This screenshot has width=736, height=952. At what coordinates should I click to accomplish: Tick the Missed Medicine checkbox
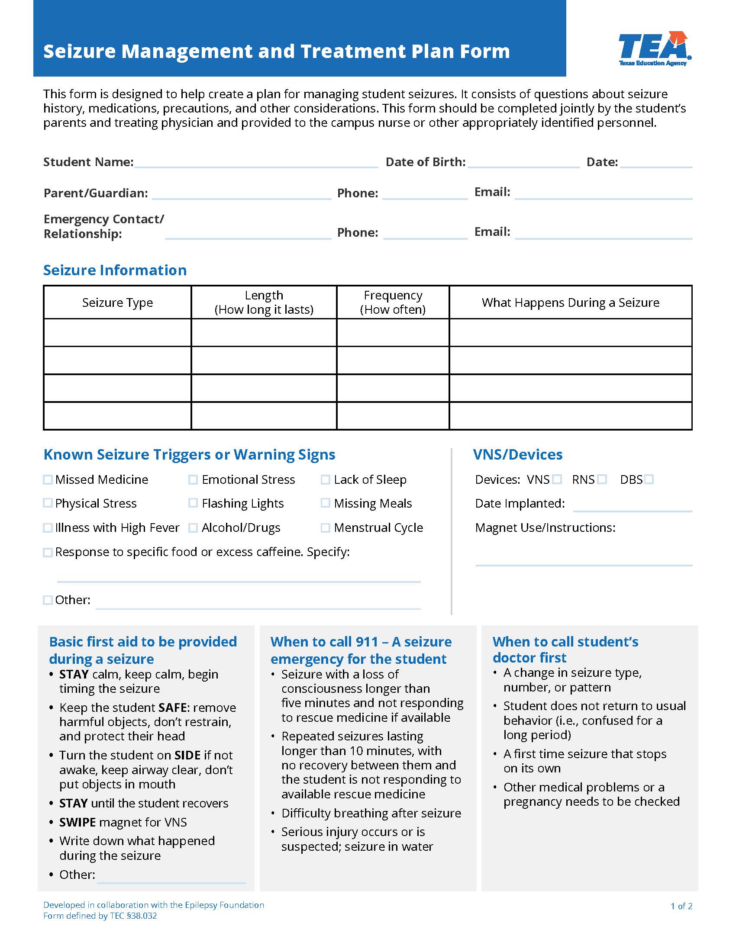48,479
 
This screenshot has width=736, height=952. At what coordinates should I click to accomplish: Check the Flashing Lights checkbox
193,503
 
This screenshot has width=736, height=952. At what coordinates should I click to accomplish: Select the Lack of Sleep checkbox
325,479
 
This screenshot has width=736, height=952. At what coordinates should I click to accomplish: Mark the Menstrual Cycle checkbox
325,528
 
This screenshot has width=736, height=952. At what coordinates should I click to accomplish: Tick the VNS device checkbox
557,479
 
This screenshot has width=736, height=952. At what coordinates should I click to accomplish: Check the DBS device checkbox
649,479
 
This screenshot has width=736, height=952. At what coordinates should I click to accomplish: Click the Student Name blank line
256,164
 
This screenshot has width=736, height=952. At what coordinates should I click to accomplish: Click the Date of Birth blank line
523,164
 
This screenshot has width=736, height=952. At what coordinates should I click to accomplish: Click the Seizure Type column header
117,302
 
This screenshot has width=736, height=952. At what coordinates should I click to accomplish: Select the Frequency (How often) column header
393,302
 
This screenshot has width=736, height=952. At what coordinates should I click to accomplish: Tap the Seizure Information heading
115,270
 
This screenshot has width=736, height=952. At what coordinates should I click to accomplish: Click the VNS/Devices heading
517,455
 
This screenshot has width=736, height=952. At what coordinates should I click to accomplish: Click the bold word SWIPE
77,822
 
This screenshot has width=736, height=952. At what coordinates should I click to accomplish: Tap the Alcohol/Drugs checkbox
193,528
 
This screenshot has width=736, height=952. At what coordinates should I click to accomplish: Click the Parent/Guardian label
96,193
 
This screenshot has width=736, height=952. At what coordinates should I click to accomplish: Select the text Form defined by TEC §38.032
100,916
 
